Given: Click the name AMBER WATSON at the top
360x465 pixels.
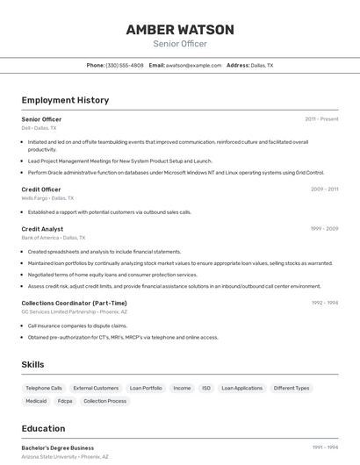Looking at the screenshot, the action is (x=180, y=30).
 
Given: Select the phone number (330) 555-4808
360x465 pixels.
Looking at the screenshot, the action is (x=125, y=65).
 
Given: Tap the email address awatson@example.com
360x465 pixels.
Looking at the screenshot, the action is (x=194, y=65).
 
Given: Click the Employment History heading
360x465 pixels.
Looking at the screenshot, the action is (x=65, y=100).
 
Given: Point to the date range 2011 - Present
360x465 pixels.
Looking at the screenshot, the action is (x=321, y=118).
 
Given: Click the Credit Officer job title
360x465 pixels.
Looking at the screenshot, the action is (x=41, y=189).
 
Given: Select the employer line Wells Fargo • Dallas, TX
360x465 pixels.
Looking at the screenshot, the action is (x=47, y=198).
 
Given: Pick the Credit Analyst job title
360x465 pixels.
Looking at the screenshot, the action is (x=42, y=228).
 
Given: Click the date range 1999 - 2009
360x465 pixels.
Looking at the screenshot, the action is (x=324, y=228).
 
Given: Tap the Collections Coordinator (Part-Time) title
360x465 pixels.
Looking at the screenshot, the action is (x=74, y=303).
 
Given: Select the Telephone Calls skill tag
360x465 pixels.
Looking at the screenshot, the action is (x=44, y=388).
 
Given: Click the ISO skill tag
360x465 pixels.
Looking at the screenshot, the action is (x=206, y=388).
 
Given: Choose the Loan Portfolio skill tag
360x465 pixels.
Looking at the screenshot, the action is (x=146, y=388).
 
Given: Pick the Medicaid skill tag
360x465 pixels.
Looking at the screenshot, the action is (x=36, y=401).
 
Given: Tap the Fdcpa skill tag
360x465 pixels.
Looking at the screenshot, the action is (x=65, y=401).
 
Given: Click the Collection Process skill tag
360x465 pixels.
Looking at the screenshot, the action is (x=105, y=401).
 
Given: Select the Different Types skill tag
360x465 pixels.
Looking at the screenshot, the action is (x=292, y=388).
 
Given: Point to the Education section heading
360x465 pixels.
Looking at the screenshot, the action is (x=43, y=428).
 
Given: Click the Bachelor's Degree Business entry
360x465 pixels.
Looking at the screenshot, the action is (x=58, y=447).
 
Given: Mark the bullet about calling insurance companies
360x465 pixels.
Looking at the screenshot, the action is (x=77, y=325).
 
